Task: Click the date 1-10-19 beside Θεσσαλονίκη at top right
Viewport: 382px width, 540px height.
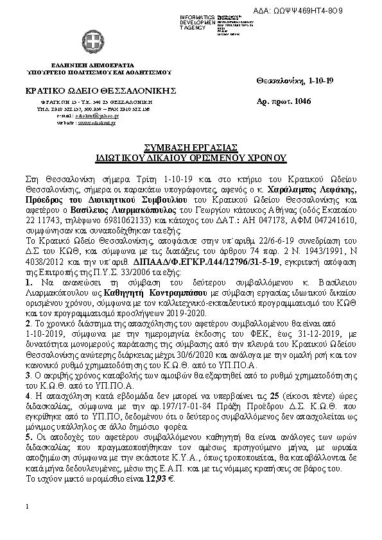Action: (x=326, y=81)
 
